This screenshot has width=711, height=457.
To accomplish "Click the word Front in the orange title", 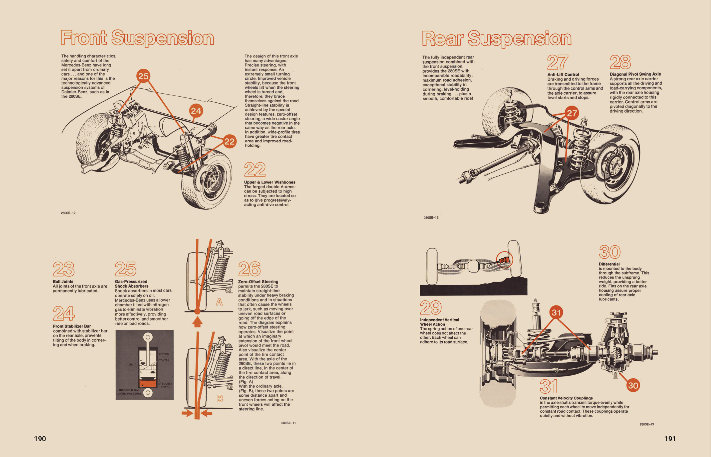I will pos(84,38).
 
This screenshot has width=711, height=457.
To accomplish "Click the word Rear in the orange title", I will pos(442,39).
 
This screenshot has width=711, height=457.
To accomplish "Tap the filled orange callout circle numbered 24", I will pos(196,111).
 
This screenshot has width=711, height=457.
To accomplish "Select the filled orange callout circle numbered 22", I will pos(229,141).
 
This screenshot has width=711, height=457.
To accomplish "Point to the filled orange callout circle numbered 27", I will pos(572,113).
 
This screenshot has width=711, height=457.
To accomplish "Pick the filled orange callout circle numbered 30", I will pos(633,385).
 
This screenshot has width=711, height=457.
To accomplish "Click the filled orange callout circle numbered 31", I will pos(556,312).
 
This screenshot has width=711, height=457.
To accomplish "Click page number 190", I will pos(40,439).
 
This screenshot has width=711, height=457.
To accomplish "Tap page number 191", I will pos(670,439).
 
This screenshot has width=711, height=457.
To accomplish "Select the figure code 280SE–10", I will pos(68,213).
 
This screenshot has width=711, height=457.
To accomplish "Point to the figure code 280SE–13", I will pos(646,424).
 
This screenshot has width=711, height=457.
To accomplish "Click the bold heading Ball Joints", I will pos(63,281).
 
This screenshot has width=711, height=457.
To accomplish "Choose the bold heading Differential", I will pos(609,264).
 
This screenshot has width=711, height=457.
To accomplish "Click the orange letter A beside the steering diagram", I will pos(219,302).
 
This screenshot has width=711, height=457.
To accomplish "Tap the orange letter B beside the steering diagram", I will pos(220,398).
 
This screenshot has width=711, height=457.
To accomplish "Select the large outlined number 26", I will pos(249,269).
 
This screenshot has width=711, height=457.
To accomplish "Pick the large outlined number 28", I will pos(620,62).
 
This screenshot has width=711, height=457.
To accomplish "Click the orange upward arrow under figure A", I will pos(197,322).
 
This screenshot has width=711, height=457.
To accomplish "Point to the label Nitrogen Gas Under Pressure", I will pos(129,392).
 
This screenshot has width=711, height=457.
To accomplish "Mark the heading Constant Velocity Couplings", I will pos(566,398).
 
